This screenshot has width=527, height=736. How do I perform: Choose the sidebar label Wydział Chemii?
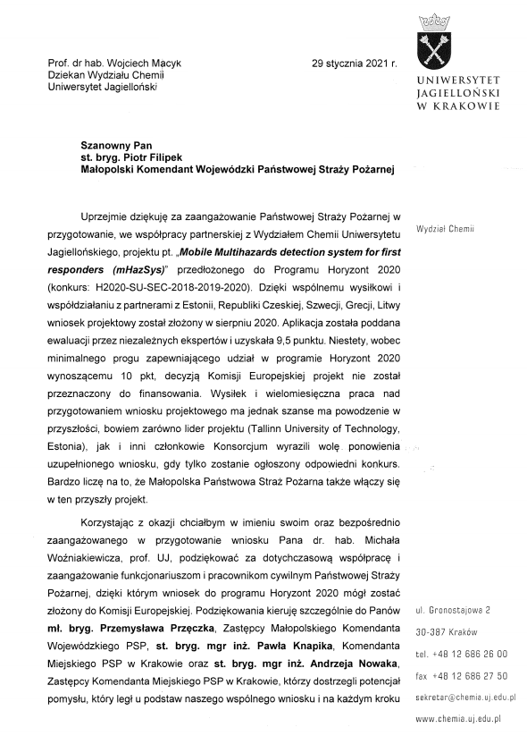[x=448, y=228]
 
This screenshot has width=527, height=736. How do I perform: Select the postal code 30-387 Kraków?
[x=442, y=632]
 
